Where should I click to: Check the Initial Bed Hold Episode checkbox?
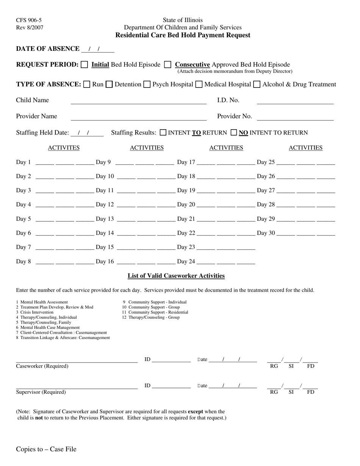coord(85,65)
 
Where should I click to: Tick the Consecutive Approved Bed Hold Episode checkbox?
coord(167,65)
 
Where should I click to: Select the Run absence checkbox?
coord(86,84)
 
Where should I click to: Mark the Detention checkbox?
coord(109,84)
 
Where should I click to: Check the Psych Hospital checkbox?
coord(147,84)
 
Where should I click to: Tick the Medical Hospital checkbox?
coord(199,84)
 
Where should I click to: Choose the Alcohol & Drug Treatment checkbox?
coord(257,84)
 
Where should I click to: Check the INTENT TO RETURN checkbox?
coord(163,133)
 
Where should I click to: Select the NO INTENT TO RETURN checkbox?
coord(234,133)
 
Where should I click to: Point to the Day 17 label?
coord(186,162)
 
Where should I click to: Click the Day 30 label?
coord(266,233)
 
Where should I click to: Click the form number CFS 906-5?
coord(29,20)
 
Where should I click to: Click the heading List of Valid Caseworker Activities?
coord(176,276)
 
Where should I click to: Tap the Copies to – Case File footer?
coord(46,449)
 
